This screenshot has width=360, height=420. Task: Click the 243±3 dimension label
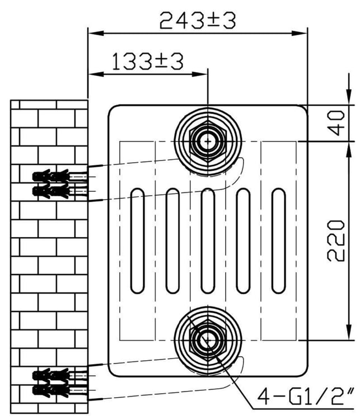pyautogui.click(x=198, y=21)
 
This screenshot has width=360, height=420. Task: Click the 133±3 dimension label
pyautogui.click(x=148, y=62)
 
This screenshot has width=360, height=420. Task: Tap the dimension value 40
pyautogui.click(x=336, y=123)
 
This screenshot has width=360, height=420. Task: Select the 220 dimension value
pyautogui.click(x=336, y=240)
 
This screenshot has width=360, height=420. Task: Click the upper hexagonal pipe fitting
pyautogui.click(x=208, y=141)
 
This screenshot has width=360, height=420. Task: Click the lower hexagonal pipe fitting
pyautogui.click(x=208, y=341)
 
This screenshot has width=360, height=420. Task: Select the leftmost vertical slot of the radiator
pyautogui.click(x=137, y=241)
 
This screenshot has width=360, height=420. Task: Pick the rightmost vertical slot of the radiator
pyautogui.click(x=278, y=241)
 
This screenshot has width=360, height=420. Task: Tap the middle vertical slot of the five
pyautogui.click(x=208, y=241)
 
